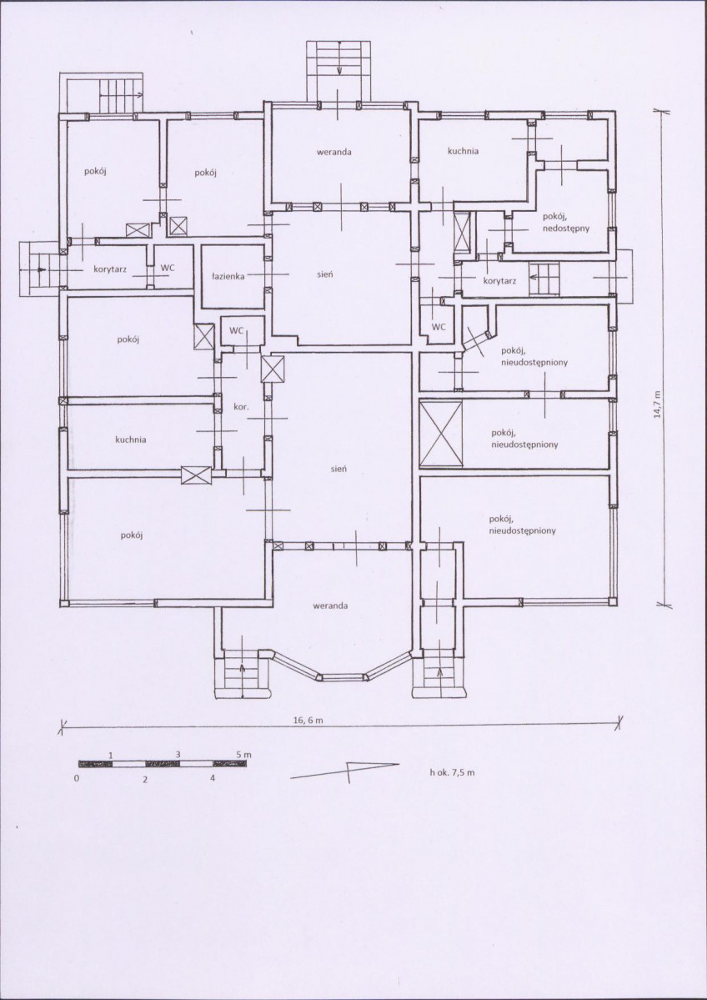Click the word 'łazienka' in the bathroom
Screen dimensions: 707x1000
(229, 277)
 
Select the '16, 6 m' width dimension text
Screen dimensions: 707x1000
(308, 720)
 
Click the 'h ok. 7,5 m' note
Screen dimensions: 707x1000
(452, 772)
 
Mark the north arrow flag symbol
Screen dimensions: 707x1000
(345, 771)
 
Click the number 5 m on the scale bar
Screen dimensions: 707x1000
(243, 755)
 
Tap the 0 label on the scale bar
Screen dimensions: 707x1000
(77, 779)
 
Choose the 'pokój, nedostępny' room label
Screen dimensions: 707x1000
(565, 223)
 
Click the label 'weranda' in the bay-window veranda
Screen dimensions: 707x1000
(330, 606)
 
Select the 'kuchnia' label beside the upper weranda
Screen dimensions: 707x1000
(463, 152)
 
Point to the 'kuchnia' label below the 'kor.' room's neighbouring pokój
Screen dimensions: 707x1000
(131, 440)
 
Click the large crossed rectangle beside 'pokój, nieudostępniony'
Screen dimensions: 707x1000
(441, 434)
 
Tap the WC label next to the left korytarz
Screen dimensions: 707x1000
(168, 268)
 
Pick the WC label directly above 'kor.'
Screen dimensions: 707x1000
(237, 330)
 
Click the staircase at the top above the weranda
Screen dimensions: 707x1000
(338, 71)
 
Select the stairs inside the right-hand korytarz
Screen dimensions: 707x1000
(544, 279)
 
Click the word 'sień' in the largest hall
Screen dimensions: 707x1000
(338, 469)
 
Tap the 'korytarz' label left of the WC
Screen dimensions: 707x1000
(110, 269)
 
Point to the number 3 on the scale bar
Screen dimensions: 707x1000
(178, 755)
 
